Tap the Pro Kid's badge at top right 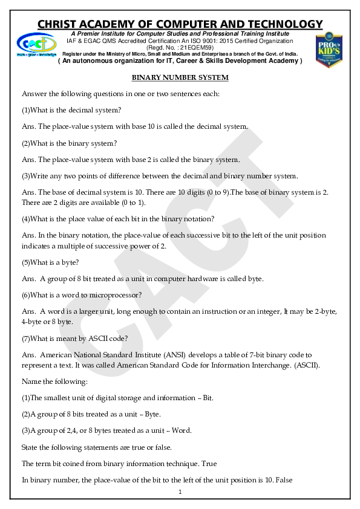(330, 49)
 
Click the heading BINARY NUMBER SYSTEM (180, 78)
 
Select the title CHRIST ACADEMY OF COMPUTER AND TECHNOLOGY (180, 24)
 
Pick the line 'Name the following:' (54, 382)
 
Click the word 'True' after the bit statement (211, 464)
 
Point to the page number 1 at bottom (180, 493)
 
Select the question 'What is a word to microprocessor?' (82, 295)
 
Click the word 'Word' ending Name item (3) (182, 430)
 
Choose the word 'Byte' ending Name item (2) (151, 414)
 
